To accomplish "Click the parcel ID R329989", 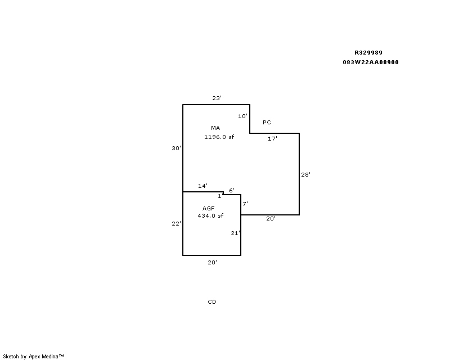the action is pos(368,52).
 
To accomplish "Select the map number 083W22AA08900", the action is pos(371,62).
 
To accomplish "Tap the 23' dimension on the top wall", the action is pos(217,98).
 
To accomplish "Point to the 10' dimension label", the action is pos(242,116).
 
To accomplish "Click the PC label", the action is pos(267,122).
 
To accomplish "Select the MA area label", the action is pos(215,128).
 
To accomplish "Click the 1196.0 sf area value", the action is pos(219,137).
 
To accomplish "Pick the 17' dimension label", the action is pos(272,139).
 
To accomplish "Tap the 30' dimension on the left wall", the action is pos(177,148).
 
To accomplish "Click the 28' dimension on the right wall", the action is pos(305,174).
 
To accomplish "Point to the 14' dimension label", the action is pos(202,186).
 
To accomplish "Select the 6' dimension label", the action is pos(232,190).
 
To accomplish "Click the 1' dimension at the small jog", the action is pos(220,196).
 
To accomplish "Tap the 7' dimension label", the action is pos(245,204).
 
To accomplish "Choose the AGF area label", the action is pos(208,209).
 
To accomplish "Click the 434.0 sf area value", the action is pos(210,216).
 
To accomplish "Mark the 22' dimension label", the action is pos(177,224).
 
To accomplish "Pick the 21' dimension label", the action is pos(235,233).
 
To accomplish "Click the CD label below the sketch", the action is pos(212,301).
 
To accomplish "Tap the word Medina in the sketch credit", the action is pos(50,357).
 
